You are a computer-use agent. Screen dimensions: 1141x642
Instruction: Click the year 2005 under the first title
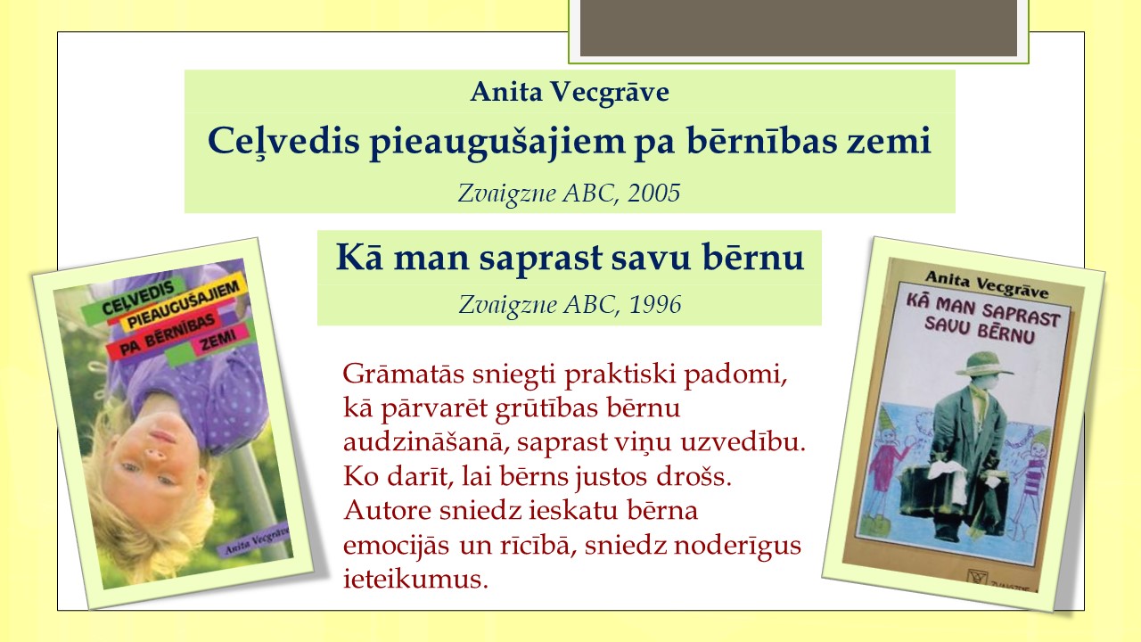pos(654,193)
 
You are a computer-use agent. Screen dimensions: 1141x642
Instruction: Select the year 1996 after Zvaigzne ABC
pos(655,305)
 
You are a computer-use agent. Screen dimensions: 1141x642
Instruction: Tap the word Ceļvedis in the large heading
pos(283,142)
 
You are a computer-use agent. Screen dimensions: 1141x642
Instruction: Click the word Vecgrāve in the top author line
pos(611,92)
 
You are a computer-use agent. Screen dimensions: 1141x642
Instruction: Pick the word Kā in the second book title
pos(359,257)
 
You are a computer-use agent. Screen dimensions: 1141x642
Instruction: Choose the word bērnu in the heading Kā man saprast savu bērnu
pos(753,257)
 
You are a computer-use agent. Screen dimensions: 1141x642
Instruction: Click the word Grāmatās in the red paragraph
pos(404,374)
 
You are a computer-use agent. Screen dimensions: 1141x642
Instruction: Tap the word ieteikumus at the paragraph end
pos(415,579)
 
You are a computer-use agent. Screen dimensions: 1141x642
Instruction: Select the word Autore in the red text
pos(388,510)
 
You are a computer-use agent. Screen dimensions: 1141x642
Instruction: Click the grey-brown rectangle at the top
pos(798,28)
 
